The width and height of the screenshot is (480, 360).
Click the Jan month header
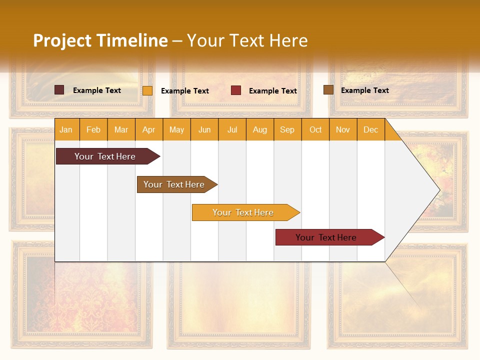(x=66, y=129)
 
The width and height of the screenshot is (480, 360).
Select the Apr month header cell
(x=148, y=129)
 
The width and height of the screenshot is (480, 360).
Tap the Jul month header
(x=232, y=129)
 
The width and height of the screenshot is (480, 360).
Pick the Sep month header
(x=287, y=129)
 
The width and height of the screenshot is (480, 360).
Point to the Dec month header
(x=370, y=129)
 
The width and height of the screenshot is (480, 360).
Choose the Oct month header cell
(x=315, y=129)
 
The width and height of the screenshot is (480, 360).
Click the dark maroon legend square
(x=59, y=90)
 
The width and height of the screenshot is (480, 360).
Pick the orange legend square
(x=147, y=90)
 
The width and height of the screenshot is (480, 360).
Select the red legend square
(x=236, y=90)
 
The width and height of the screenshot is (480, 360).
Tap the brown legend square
(x=328, y=90)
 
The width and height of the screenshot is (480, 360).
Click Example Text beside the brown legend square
(x=364, y=90)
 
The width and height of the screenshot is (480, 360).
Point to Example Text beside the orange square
(x=184, y=91)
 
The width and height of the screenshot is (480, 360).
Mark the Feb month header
(x=93, y=129)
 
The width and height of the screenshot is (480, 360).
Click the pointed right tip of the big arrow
(x=438, y=190)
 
